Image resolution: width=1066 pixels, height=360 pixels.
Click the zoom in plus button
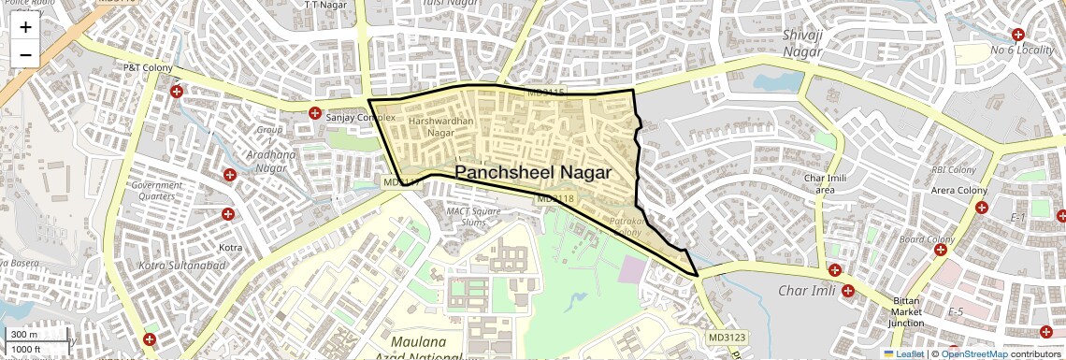pos(25,27)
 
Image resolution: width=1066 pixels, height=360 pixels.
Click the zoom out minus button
pos(25,55)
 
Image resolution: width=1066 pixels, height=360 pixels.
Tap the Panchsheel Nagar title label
pos(533,172)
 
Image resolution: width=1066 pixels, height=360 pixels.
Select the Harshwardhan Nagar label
pos(441,127)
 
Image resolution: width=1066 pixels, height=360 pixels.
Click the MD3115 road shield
pos(545,92)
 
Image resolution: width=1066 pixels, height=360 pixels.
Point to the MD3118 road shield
pos(555,199)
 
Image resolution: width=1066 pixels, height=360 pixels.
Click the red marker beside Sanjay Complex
pos(315,113)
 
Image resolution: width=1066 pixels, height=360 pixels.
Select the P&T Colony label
pos(143,68)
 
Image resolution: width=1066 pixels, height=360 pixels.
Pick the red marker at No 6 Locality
pos(1018,35)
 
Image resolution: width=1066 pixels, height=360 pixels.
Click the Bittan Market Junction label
pos(906,312)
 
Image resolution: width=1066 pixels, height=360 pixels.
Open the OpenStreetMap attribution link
pos(973,353)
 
